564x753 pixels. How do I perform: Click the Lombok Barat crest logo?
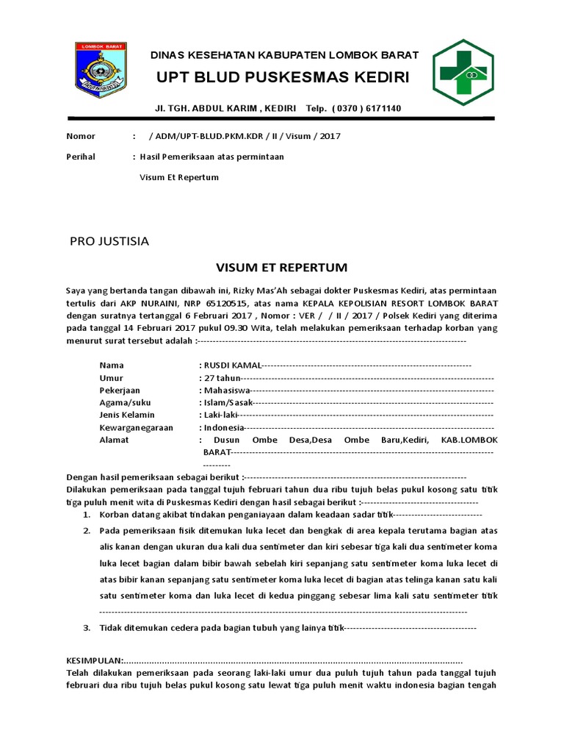101,71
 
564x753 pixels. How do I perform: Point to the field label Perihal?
81,157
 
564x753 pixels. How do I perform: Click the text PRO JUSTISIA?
109,241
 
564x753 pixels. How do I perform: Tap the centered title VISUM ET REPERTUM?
281,267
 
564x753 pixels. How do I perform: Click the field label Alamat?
114,440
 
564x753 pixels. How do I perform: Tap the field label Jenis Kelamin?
127,415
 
